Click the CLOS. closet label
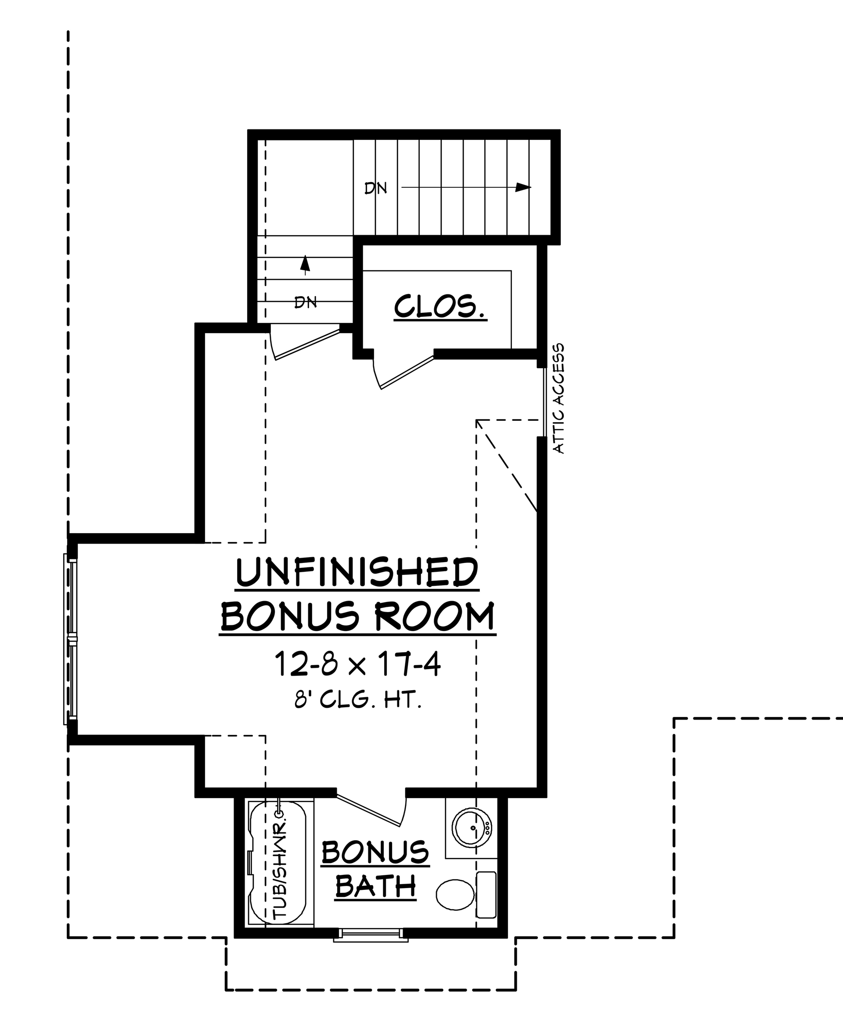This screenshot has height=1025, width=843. pyautogui.click(x=440, y=307)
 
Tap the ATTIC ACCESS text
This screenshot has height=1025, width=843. pyautogui.click(x=559, y=398)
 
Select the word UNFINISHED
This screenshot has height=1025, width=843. pyautogui.click(x=357, y=573)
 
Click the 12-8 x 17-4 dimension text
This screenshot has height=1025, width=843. pyautogui.click(x=358, y=664)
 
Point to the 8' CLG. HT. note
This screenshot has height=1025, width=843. pyautogui.click(x=358, y=701)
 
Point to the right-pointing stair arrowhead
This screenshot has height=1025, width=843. pyautogui.click(x=522, y=187)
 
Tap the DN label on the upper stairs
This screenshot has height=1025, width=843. pyautogui.click(x=375, y=188)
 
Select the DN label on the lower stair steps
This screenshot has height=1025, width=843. pyautogui.click(x=306, y=302)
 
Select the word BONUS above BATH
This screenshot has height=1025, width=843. pyautogui.click(x=375, y=852)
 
